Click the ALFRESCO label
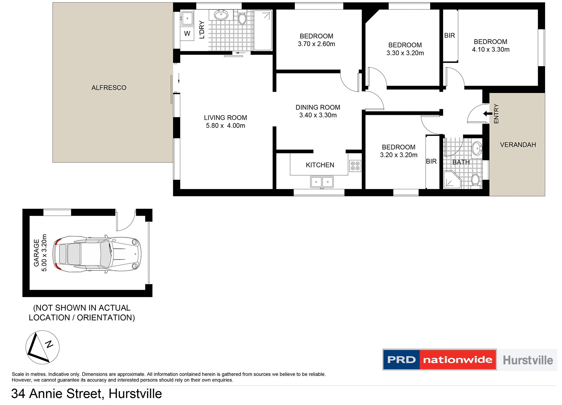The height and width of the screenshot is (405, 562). click(x=109, y=88)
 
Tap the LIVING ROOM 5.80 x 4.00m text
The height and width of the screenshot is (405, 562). click(x=225, y=122)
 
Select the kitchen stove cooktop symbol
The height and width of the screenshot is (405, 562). click(x=355, y=166)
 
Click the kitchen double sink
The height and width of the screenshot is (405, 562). click(x=322, y=182)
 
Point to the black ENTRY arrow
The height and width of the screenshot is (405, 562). click(x=487, y=114)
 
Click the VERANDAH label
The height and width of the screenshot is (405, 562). click(x=518, y=145)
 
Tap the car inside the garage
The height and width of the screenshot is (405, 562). click(x=97, y=254)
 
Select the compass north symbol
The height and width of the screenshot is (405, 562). click(x=42, y=347)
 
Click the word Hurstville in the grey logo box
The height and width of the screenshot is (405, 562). click(x=528, y=360)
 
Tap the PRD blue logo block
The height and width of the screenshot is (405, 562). click(x=401, y=360)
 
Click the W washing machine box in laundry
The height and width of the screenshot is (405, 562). click(x=187, y=34)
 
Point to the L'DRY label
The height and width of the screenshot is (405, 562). click(x=202, y=30)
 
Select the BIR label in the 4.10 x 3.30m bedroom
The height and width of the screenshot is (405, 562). click(x=449, y=36)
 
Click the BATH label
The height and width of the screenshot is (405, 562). click(x=461, y=162)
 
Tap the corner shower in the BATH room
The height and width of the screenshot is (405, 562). click(x=452, y=180)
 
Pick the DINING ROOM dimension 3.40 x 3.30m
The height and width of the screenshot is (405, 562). click(x=318, y=115)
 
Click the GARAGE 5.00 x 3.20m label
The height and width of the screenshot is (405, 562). click(x=40, y=253)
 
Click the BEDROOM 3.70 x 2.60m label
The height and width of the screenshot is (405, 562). click(x=316, y=40)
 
